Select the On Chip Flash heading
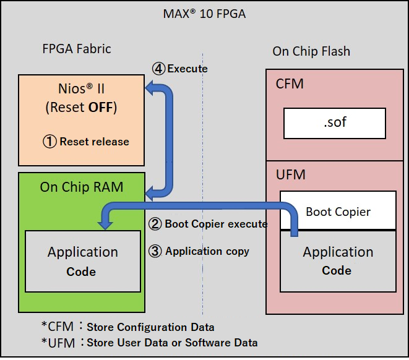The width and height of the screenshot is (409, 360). pyautogui.click(x=311, y=51)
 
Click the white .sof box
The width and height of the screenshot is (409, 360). pyautogui.click(x=334, y=122)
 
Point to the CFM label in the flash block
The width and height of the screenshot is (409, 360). pyautogui.click(x=290, y=83)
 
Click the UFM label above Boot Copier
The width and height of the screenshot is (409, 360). pyautogui.click(x=291, y=174)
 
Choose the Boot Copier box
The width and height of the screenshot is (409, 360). pyautogui.click(x=338, y=212)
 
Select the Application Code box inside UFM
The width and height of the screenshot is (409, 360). pyautogui.click(x=338, y=260)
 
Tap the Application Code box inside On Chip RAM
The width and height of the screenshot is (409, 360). pyautogui.click(x=82, y=260)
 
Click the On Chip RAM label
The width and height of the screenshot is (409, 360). pyautogui.click(x=81, y=186)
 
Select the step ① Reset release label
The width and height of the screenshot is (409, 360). pyautogui.click(x=85, y=142)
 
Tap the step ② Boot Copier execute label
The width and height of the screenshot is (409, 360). pyautogui.click(x=208, y=224)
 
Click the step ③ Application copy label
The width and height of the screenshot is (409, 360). pyautogui.click(x=199, y=251)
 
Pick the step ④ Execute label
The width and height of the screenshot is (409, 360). pyautogui.click(x=180, y=69)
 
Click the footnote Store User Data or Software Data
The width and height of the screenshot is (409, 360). pyautogui.click(x=172, y=342)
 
